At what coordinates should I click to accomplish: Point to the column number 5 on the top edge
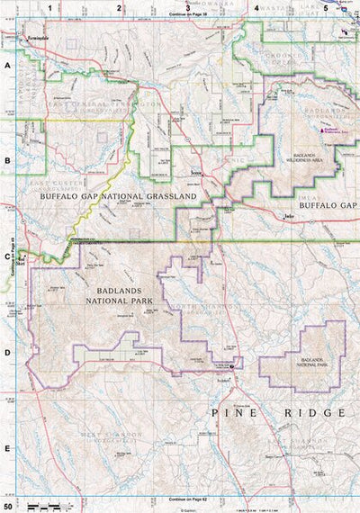pyautogui.click(x=325, y=7)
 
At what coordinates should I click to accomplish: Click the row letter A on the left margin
pyautogui.click(x=7, y=66)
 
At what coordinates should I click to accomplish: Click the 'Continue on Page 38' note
pyautogui.click(x=187, y=16)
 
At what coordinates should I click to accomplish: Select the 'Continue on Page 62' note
pyautogui.click(x=187, y=497)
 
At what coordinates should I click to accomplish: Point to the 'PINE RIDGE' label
pyautogui.click(x=279, y=412)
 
